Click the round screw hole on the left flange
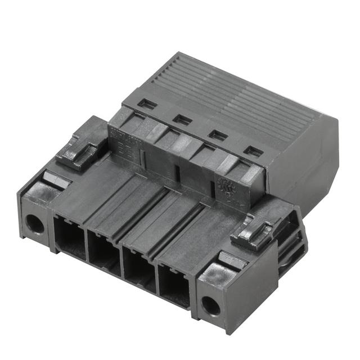34,224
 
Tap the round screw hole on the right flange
211,305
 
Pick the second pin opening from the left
105,253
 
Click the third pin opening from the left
139,269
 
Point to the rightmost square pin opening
175,287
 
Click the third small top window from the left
218,135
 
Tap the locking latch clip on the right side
251,231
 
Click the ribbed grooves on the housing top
236,96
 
